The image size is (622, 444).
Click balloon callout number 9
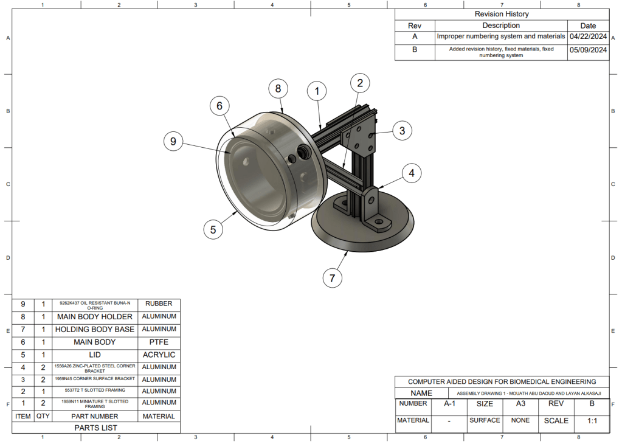click(173, 142)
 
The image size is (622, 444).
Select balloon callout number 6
click(219, 106)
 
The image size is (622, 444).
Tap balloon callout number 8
click(278, 89)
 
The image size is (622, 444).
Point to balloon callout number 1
click(316, 91)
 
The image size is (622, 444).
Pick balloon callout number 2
click(360, 83)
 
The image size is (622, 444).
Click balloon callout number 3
click(402, 130)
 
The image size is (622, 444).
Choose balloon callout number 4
click(412, 173)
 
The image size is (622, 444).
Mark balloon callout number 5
click(213, 229)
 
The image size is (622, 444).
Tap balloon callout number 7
click(332, 279)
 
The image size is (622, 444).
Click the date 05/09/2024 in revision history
click(588, 50)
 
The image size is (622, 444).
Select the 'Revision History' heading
click(502, 14)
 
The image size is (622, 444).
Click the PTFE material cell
click(159, 342)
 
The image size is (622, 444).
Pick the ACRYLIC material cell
click(159, 355)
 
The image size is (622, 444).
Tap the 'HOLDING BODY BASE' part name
click(94, 329)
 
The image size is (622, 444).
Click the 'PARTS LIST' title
click(95, 428)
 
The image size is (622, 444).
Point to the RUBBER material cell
click(159, 304)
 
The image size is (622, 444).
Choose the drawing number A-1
click(449, 403)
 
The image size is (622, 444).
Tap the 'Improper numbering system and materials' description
click(501, 36)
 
